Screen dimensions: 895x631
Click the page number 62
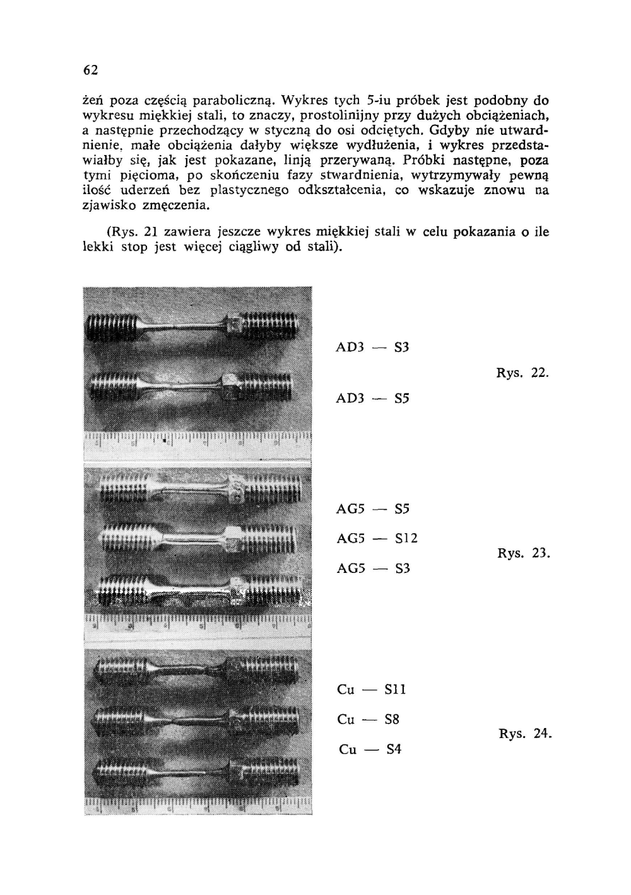(90, 71)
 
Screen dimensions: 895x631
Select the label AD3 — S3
(373, 347)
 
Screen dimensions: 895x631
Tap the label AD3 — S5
(373, 398)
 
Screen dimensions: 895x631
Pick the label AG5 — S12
(377, 538)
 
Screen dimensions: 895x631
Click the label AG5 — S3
(374, 569)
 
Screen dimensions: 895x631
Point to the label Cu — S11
(372, 690)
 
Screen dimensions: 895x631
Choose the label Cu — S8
(369, 719)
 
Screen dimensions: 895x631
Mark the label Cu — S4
(370, 749)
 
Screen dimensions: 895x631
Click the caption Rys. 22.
(523, 372)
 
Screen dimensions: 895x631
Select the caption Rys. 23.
(524, 553)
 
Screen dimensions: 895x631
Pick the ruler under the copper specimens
(198, 805)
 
